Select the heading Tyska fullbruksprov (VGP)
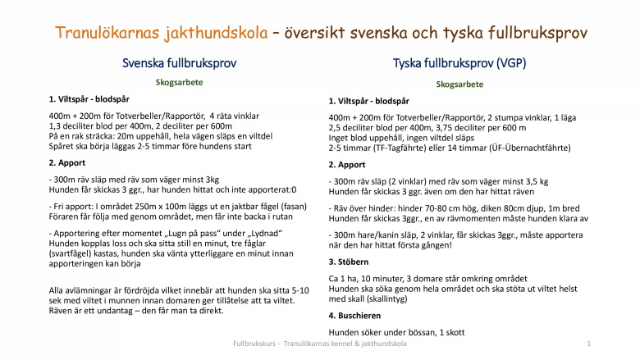(x=459, y=63)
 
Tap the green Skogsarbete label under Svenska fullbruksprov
(x=179, y=82)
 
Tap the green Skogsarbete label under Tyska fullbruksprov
(x=459, y=84)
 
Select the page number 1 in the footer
(x=589, y=344)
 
